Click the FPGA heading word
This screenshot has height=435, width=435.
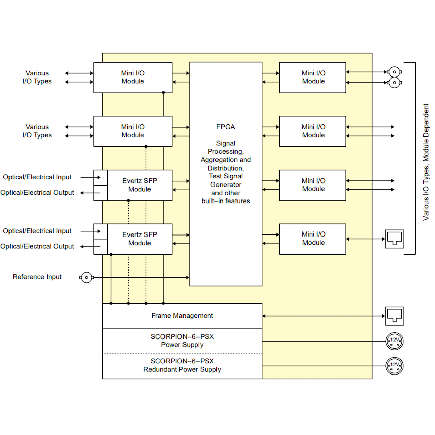point(226,127)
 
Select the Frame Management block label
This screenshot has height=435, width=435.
point(182,316)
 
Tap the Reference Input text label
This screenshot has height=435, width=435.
point(37,277)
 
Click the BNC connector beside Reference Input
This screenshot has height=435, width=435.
point(86,277)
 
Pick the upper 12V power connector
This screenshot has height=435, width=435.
point(395,341)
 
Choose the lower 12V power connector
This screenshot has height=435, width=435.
point(395,366)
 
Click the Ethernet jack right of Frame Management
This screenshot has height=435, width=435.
point(394,316)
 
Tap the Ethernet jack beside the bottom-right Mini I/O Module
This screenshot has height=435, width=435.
point(394,239)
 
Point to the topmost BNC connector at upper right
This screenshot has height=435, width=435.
point(394,72)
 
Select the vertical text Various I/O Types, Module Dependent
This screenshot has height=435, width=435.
point(426,162)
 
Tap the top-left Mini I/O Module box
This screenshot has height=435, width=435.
point(133,77)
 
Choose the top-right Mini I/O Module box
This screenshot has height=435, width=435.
point(313,77)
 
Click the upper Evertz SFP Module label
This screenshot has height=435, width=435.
point(140,185)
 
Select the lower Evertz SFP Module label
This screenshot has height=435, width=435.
point(140,239)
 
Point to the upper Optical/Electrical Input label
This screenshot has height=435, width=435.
point(37,177)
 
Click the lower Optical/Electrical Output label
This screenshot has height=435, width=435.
point(37,246)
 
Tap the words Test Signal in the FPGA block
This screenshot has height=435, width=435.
point(226,176)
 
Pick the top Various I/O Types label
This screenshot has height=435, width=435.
point(37,77)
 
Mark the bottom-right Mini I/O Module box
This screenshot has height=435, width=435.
point(313,239)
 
